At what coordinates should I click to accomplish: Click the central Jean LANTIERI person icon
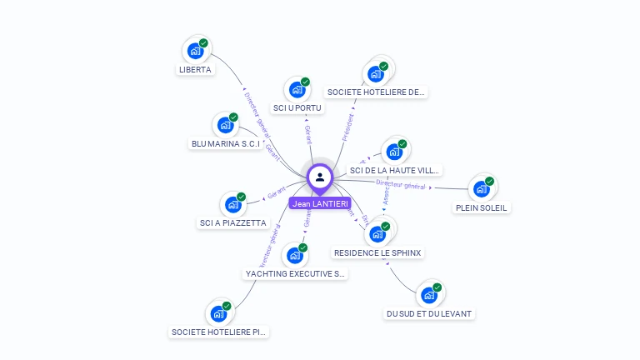point(320,177)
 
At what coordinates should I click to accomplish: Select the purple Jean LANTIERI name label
point(320,203)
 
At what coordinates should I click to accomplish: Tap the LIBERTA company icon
point(195,50)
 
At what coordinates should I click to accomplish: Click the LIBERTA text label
point(195,70)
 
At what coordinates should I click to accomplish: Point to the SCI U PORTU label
point(297,107)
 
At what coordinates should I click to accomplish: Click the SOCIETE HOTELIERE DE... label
point(377,92)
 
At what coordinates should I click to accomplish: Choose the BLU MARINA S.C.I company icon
point(226,125)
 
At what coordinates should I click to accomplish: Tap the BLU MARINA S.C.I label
point(226,143)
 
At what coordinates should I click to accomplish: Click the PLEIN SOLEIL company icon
point(482,188)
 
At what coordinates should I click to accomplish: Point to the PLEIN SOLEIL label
point(482,207)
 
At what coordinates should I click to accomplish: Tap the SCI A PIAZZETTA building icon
point(232,204)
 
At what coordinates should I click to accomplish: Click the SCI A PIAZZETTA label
point(233,223)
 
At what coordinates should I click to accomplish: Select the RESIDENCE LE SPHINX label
point(378,252)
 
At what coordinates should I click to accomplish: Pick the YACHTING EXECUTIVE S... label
point(296,273)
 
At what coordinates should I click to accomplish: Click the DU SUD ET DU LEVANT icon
point(428,295)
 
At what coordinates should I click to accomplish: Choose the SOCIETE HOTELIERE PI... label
point(219,332)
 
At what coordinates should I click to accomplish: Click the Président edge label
point(348,127)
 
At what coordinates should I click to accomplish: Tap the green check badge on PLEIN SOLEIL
point(490,181)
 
